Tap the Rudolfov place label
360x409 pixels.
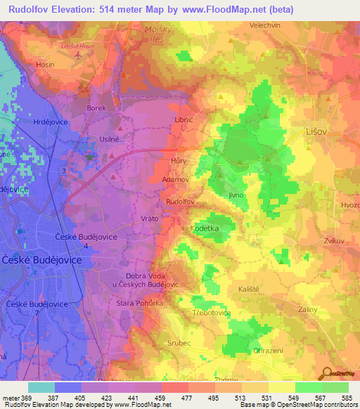179,202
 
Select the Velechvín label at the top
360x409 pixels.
265,25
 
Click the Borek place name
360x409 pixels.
96,108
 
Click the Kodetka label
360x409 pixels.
205,229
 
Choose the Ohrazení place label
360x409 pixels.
268,351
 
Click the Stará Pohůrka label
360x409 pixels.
139,303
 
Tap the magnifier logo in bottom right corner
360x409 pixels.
326,373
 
